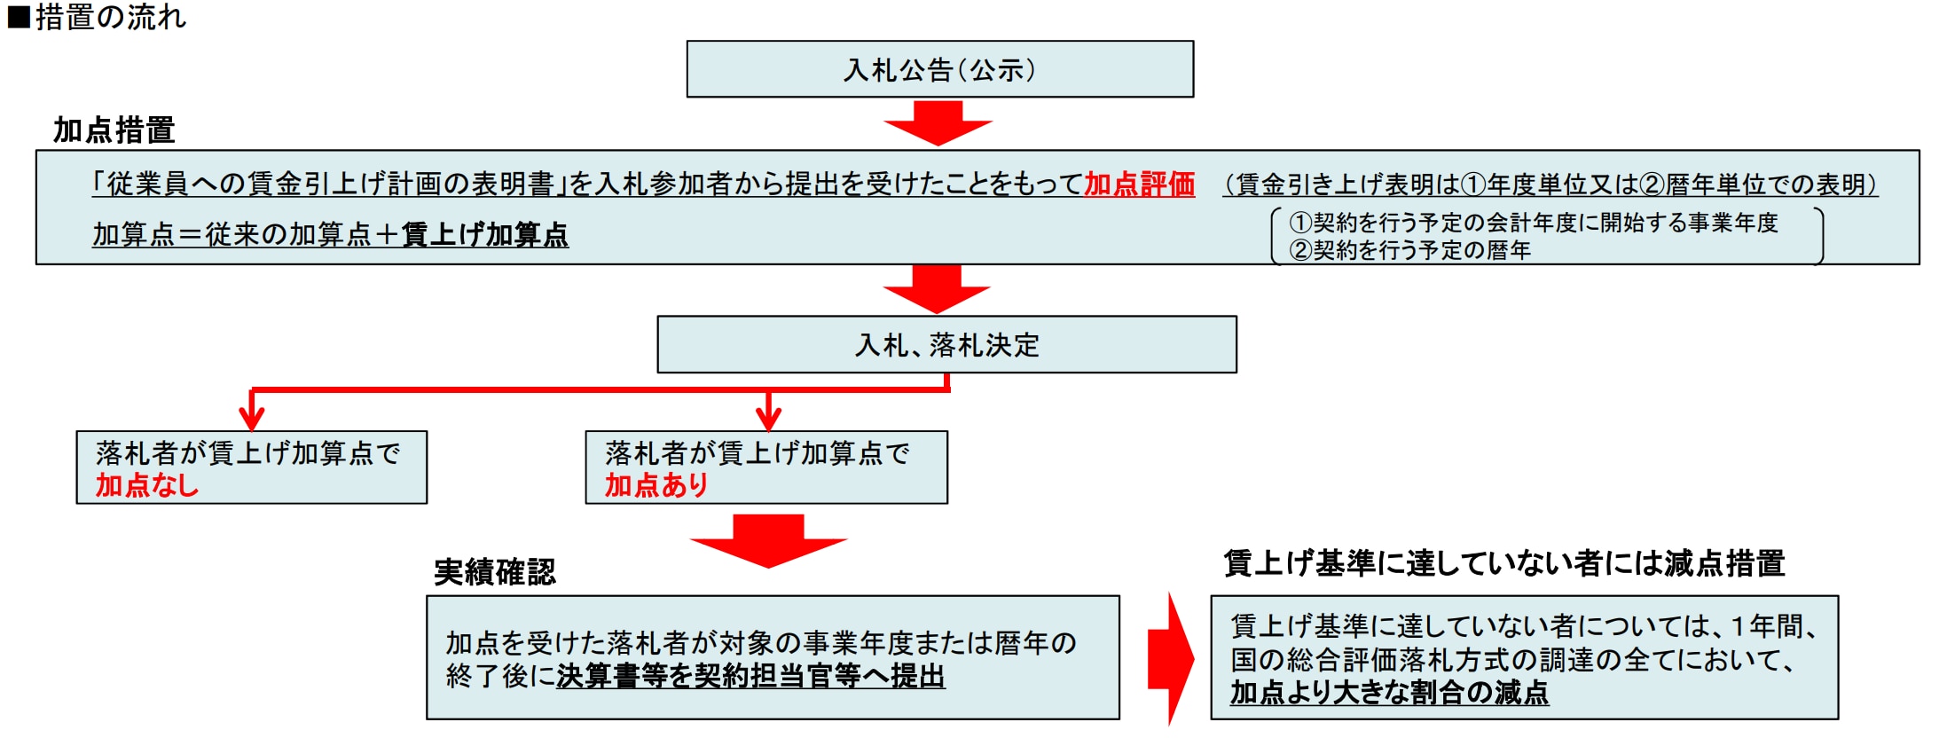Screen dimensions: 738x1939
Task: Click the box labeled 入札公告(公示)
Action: click(x=939, y=69)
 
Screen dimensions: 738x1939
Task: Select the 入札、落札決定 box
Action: click(x=946, y=344)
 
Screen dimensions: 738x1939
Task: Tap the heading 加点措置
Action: click(x=114, y=130)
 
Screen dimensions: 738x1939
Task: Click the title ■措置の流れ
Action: click(x=97, y=17)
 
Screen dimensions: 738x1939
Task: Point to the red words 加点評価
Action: click(x=1139, y=184)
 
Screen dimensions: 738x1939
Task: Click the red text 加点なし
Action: click(x=147, y=485)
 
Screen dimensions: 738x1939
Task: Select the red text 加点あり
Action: click(x=656, y=485)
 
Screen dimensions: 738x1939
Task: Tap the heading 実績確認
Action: click(x=494, y=571)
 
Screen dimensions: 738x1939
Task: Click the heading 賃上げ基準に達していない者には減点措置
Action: click(x=1503, y=563)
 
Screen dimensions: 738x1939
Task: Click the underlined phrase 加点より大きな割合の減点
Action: click(x=1389, y=692)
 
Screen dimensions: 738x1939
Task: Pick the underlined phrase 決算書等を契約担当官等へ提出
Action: click(x=750, y=676)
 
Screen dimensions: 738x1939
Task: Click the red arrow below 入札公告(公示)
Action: click(x=938, y=122)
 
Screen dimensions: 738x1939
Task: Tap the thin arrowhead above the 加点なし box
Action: click(x=252, y=417)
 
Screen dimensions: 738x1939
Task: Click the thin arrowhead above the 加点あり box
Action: click(x=768, y=417)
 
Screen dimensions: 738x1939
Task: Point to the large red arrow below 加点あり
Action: click(x=768, y=540)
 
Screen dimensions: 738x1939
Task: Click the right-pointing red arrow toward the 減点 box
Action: click(x=1171, y=659)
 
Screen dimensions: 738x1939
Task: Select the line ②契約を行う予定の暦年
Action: click(x=1409, y=250)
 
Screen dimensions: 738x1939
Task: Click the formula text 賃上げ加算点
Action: click(x=484, y=235)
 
